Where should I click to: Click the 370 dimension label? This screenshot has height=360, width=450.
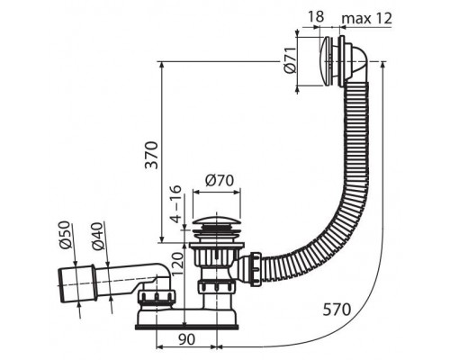tap(151, 155)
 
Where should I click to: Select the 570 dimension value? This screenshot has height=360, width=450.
tap(337, 310)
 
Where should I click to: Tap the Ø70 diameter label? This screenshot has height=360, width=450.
tap(220, 181)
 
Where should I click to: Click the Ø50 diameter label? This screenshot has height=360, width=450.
tap(65, 235)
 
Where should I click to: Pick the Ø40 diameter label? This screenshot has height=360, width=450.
tap(98, 237)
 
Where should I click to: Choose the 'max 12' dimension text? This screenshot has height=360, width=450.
tap(367, 18)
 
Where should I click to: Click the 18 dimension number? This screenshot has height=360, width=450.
tap(316, 16)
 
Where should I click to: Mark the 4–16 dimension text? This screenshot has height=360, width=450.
tap(176, 204)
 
